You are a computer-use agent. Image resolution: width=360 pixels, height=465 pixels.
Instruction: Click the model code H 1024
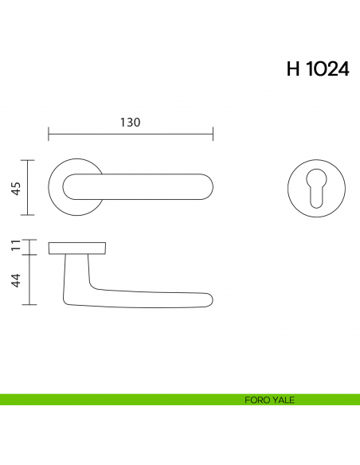tap(316, 68)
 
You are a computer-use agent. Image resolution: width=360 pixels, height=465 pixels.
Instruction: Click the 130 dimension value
tap(130, 123)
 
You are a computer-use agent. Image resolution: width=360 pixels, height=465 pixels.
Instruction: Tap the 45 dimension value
tap(15, 188)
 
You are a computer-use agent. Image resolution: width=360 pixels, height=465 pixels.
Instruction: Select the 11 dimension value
tap(15, 246)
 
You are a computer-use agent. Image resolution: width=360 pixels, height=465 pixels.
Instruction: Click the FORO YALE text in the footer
tap(271, 400)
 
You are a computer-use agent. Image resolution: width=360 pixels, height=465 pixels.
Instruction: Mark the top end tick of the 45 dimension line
tap(29, 160)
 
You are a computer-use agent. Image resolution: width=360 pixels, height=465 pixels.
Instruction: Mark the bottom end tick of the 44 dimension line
tap(29, 305)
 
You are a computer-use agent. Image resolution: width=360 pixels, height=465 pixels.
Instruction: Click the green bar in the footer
tap(119, 400)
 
